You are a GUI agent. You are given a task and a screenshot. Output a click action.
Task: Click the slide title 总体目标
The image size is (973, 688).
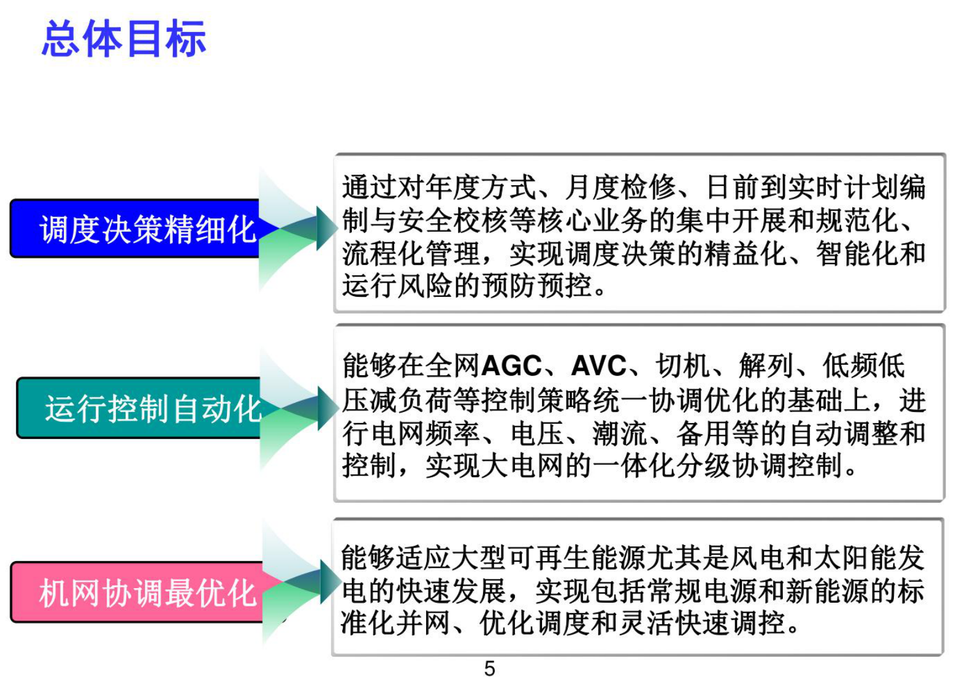tap(123, 39)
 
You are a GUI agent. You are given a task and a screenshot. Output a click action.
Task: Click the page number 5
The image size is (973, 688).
tap(489, 668)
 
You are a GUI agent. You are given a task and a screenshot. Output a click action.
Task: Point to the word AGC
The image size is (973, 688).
tap(511, 367)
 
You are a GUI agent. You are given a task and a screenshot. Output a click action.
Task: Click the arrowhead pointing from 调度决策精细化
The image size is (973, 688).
tap(326, 228)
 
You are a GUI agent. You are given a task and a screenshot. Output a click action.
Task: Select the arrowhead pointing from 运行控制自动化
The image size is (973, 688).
tap(327, 408)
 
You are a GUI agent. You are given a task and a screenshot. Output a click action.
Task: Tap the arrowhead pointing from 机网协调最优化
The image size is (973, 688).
tap(330, 581)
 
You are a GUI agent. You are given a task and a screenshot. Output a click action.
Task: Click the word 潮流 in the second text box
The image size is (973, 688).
tap(619, 434)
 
